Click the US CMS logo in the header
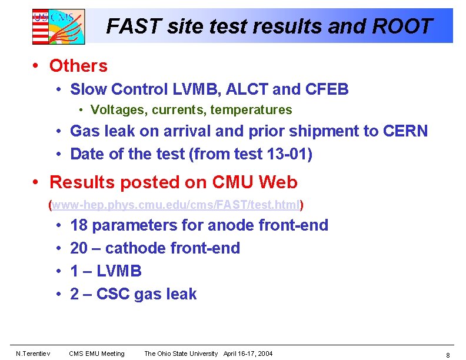click(58, 26)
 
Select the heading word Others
click(78, 66)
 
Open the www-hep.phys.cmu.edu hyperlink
click(176, 205)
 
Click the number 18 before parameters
click(79, 225)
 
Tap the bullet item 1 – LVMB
click(105, 271)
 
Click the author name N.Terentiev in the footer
click(34, 354)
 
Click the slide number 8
click(448, 355)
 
